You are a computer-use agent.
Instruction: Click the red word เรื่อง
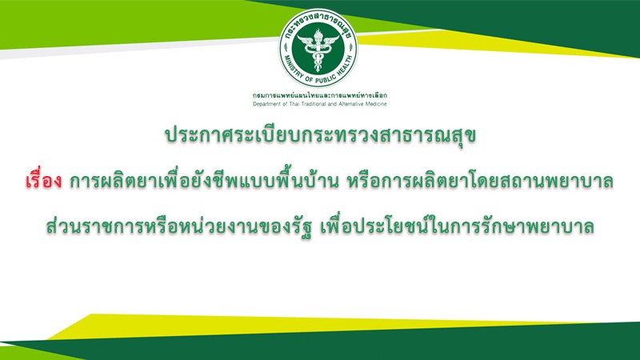click(43, 181)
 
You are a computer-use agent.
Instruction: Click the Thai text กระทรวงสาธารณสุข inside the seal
click(318, 22)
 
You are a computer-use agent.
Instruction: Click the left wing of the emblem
click(306, 42)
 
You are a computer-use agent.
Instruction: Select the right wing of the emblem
click(331, 42)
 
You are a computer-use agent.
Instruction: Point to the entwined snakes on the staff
click(318, 56)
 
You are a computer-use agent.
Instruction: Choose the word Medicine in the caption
click(375, 104)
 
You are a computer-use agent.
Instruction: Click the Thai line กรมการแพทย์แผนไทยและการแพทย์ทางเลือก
click(319, 95)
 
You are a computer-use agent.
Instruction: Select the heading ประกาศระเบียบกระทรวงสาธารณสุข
click(321, 136)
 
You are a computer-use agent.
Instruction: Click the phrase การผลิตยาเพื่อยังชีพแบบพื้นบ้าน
click(204, 182)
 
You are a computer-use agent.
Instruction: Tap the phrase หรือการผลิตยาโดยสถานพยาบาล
click(480, 182)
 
